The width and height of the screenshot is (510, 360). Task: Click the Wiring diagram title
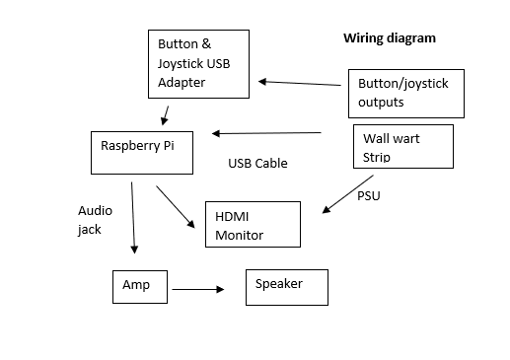click(x=389, y=38)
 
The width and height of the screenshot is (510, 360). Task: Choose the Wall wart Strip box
click(x=402, y=146)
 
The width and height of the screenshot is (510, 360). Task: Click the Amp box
click(x=139, y=284)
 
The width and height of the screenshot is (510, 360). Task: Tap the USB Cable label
click(x=257, y=163)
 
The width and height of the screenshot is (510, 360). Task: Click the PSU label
click(x=368, y=196)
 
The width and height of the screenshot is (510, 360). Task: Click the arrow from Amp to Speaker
click(x=197, y=289)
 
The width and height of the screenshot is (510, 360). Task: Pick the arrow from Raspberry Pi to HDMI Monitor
click(x=176, y=205)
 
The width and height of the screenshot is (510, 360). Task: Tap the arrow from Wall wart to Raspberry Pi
click(x=266, y=133)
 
